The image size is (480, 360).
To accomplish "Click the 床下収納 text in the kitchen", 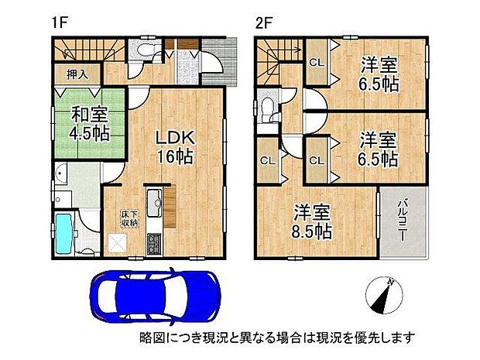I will point(124,218).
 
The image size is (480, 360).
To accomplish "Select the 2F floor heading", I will point(265,22).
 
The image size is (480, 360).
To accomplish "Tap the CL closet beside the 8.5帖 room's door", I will point(268,162).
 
